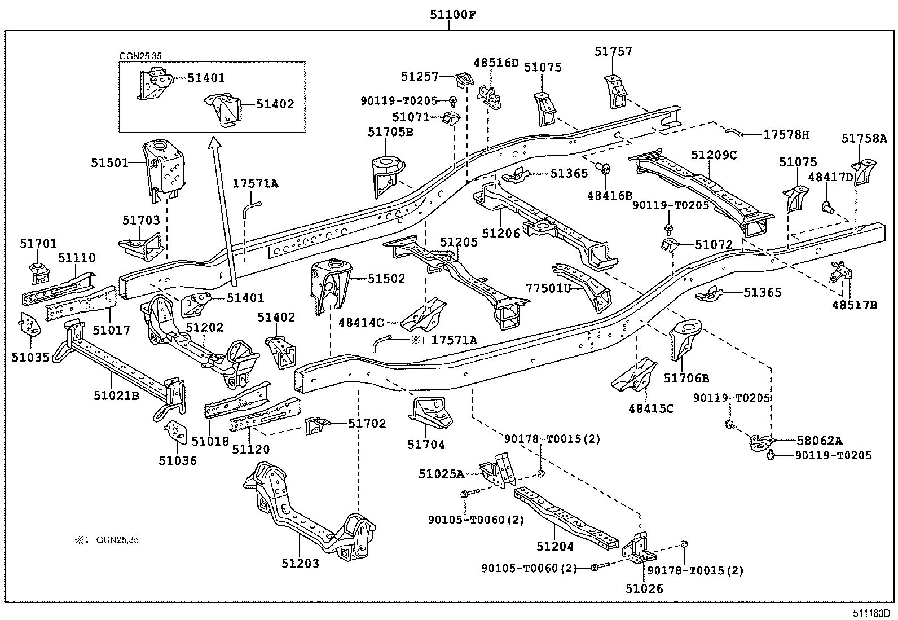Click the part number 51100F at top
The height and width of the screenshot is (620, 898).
point(449,15)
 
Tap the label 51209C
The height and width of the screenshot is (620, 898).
point(714,155)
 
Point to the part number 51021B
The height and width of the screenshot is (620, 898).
point(116,395)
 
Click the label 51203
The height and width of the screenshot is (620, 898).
point(301,563)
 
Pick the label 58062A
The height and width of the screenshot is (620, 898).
point(815,441)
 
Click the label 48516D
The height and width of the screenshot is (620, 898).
point(496,63)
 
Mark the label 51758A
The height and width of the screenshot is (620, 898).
point(864,138)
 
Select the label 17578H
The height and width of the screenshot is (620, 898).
point(786,135)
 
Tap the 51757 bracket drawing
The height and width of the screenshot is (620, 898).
point(616,90)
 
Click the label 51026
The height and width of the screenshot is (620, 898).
point(644,588)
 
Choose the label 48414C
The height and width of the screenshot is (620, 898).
point(361,323)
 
